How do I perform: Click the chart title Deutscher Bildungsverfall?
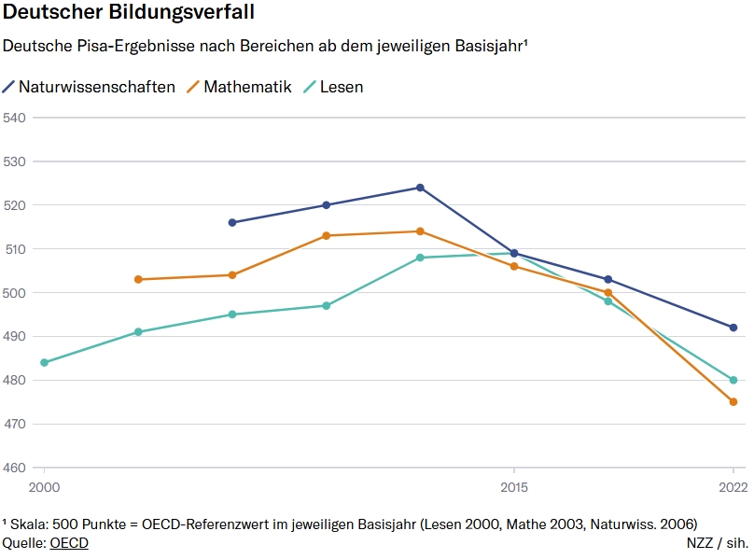tap(129, 14)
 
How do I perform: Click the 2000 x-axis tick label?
tap(44, 487)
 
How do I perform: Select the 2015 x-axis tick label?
tap(513, 487)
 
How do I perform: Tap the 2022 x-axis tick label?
tap(733, 487)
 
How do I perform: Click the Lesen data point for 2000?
tap(44, 362)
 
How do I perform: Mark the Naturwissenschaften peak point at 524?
tap(420, 188)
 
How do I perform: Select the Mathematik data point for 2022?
tap(733, 402)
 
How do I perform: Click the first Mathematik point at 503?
tap(138, 279)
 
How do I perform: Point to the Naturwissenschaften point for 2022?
tap(733, 328)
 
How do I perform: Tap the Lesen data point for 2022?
tap(733, 380)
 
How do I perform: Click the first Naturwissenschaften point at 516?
tap(232, 222)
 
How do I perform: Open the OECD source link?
tap(69, 542)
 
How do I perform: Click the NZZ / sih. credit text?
tap(717, 542)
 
